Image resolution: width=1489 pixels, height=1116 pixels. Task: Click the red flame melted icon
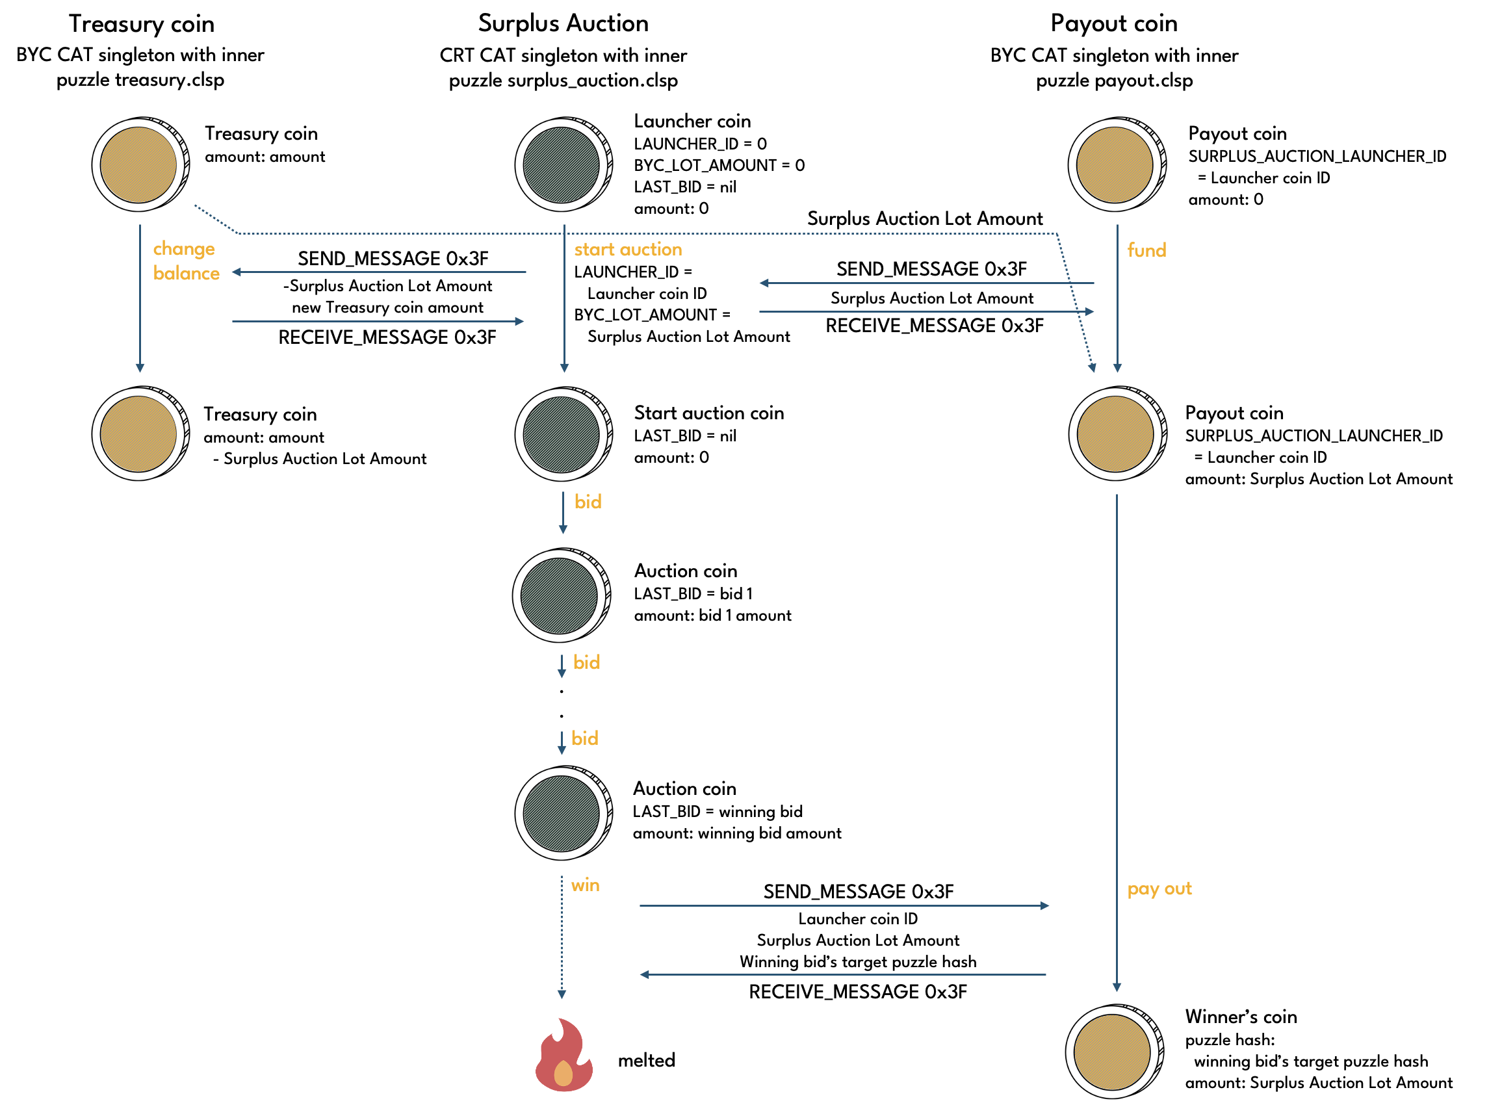coord(563,1056)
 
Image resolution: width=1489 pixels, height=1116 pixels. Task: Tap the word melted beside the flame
coord(645,1061)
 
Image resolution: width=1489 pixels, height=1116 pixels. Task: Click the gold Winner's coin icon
coord(1114,1052)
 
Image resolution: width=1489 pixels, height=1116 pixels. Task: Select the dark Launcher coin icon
coord(563,165)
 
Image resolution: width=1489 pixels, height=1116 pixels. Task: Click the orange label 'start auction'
coord(627,250)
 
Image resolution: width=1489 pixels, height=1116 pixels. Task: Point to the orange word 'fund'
coord(1146,250)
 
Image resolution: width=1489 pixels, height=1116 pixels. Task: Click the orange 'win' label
coord(585,885)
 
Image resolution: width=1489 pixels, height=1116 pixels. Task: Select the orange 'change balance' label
coord(185,261)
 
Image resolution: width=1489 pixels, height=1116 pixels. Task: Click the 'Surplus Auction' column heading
coord(563,23)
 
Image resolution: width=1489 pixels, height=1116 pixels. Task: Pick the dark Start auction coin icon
coord(563,434)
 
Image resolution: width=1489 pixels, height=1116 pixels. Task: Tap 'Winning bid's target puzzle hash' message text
coord(858,962)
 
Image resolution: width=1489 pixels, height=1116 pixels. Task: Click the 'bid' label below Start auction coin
coord(588,502)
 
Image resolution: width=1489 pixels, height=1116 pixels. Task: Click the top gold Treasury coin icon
coord(140,165)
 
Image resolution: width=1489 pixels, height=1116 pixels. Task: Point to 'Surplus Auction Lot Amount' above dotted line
coord(924,219)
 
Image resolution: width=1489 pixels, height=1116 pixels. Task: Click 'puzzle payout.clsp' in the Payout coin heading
coord(1114,81)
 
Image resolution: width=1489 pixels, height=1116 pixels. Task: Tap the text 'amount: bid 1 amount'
coord(712,616)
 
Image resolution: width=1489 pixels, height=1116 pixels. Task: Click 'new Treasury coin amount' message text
coord(387,307)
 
